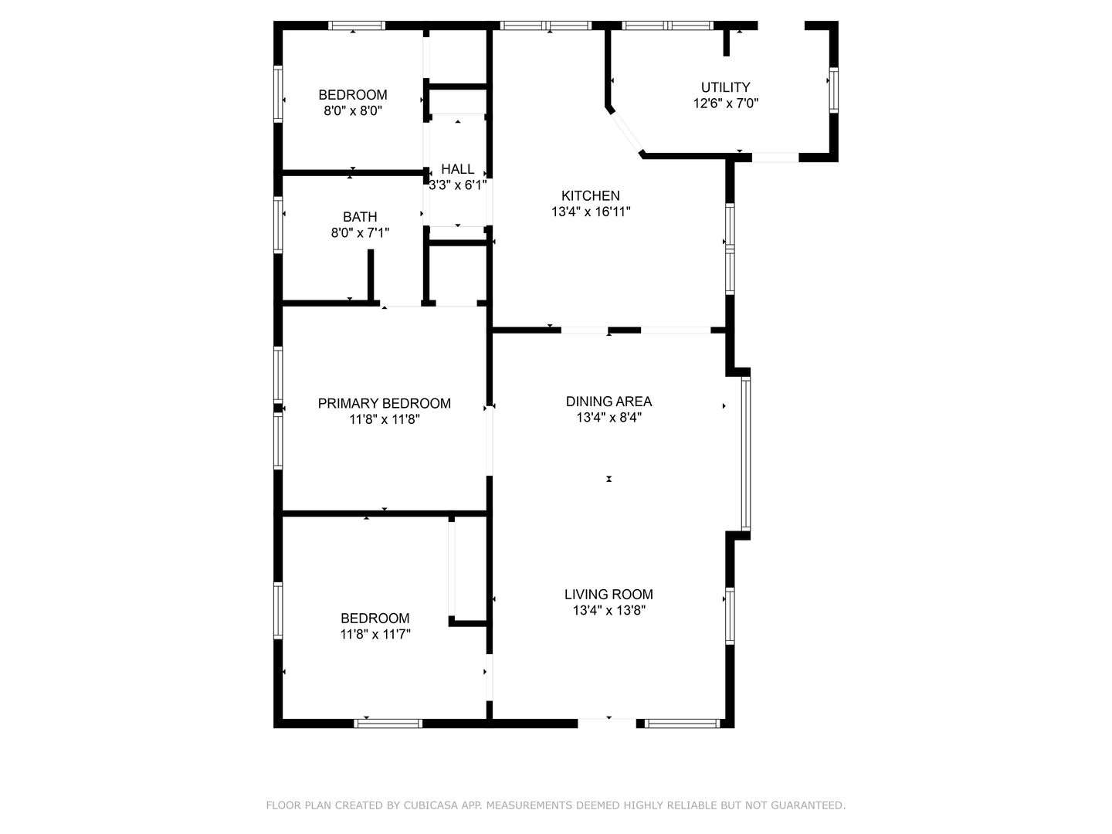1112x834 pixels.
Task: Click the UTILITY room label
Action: [x=725, y=87]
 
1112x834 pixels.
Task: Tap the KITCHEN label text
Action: [x=590, y=196]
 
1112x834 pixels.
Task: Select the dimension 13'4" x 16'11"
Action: [x=591, y=212]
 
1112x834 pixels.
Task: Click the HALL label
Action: [x=457, y=169]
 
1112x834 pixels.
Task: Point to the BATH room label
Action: [x=360, y=217]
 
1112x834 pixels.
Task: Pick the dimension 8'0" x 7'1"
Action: [x=360, y=232]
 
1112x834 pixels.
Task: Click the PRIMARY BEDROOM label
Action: [x=384, y=403]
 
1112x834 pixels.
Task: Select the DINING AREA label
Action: [x=609, y=402]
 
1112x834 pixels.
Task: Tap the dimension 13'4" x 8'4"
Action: [x=609, y=418]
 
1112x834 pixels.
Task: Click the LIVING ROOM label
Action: [x=609, y=595]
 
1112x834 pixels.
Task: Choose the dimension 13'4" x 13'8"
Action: [x=609, y=611]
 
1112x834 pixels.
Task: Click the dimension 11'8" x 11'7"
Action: [x=375, y=635]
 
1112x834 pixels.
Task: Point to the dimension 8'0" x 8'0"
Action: [x=353, y=111]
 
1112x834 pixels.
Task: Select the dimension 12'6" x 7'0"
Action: [x=725, y=103]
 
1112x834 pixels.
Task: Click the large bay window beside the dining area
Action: [x=745, y=453]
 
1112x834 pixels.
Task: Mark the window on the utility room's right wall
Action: [x=833, y=90]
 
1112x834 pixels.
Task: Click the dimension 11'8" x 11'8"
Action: [x=384, y=419]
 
